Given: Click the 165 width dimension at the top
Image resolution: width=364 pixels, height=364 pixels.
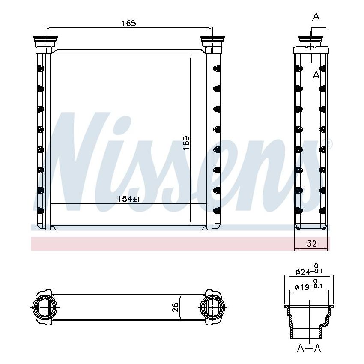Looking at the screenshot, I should (x=128, y=24).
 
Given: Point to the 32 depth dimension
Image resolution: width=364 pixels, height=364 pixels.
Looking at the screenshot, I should (x=312, y=244).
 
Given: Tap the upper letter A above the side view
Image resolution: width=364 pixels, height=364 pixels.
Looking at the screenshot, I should (x=316, y=17).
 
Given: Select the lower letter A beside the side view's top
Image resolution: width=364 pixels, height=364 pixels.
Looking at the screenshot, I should (x=316, y=75).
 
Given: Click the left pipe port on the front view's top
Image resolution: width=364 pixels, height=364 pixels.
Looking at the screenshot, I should (x=44, y=42).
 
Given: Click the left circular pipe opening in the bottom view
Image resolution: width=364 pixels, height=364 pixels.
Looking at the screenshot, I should (x=44, y=307).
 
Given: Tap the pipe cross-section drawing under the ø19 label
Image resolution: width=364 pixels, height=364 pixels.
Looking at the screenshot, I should (x=309, y=321).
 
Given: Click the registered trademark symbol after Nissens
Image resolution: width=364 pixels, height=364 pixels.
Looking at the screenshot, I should (x=329, y=143).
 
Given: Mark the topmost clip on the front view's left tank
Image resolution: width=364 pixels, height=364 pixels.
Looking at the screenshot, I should (x=41, y=69).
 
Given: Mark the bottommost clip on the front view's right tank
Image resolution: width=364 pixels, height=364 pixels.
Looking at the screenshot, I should (x=216, y=211).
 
